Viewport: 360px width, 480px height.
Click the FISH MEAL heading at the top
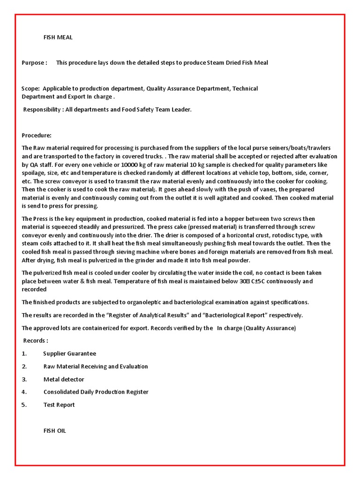[x=58, y=37]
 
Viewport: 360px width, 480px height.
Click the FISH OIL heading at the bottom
[x=55, y=430]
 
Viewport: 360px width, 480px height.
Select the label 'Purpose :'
[x=34, y=63]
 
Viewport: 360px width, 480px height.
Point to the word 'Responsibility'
[x=44, y=110]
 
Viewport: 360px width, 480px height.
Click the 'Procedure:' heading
[x=37, y=135]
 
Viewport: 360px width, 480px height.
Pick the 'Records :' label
[x=36, y=340]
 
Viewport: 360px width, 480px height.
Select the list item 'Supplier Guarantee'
[x=70, y=353]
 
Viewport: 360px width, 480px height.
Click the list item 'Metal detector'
[x=64, y=379]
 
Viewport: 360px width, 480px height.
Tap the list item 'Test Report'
[x=59, y=405]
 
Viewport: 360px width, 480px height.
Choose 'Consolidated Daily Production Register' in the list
[x=96, y=392]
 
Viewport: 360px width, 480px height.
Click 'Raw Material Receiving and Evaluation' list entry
[x=96, y=366]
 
